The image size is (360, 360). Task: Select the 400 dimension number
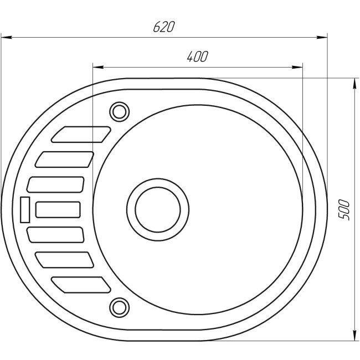tap(197, 56)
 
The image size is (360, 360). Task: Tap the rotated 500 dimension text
tap(344, 209)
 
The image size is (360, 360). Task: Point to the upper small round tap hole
tap(118, 111)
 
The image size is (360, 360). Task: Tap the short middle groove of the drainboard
tap(58, 209)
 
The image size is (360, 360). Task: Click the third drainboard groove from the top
tap(55, 184)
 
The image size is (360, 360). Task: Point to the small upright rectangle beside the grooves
tap(24, 209)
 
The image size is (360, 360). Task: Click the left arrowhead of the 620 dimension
tap(6, 38)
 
